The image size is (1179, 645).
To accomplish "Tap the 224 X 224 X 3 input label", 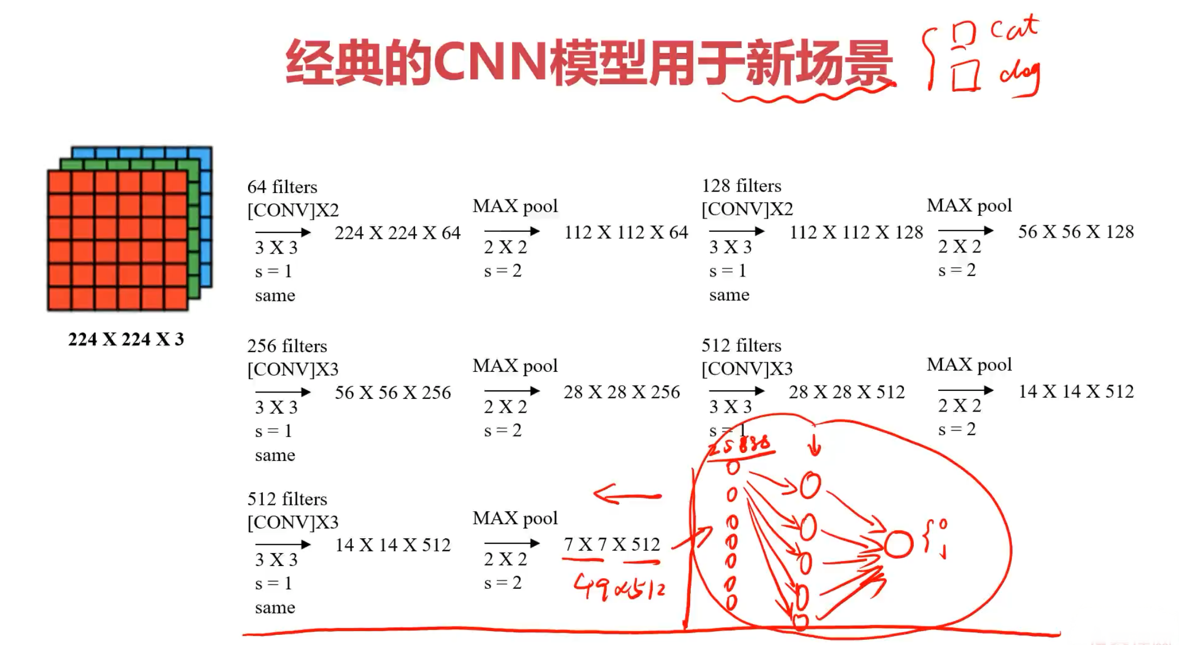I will click(126, 339).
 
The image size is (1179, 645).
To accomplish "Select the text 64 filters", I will click(282, 187).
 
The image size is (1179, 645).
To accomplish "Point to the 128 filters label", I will click(741, 186).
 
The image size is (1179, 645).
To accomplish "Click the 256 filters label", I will click(287, 346).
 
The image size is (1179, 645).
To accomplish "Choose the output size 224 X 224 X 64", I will click(398, 233).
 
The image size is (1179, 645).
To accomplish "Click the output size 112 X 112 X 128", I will click(856, 232).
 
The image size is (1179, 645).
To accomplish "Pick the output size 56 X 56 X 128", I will click(1076, 232).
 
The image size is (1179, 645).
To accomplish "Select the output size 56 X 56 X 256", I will click(393, 393).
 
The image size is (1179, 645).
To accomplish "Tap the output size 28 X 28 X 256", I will click(621, 392).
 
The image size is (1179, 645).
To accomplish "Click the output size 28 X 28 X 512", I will click(847, 392).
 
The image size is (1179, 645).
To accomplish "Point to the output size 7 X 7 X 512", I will click(612, 544).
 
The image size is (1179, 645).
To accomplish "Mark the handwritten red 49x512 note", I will click(619, 588).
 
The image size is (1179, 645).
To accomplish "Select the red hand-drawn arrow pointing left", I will click(627, 496).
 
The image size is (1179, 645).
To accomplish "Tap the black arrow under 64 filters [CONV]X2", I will click(283, 232).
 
